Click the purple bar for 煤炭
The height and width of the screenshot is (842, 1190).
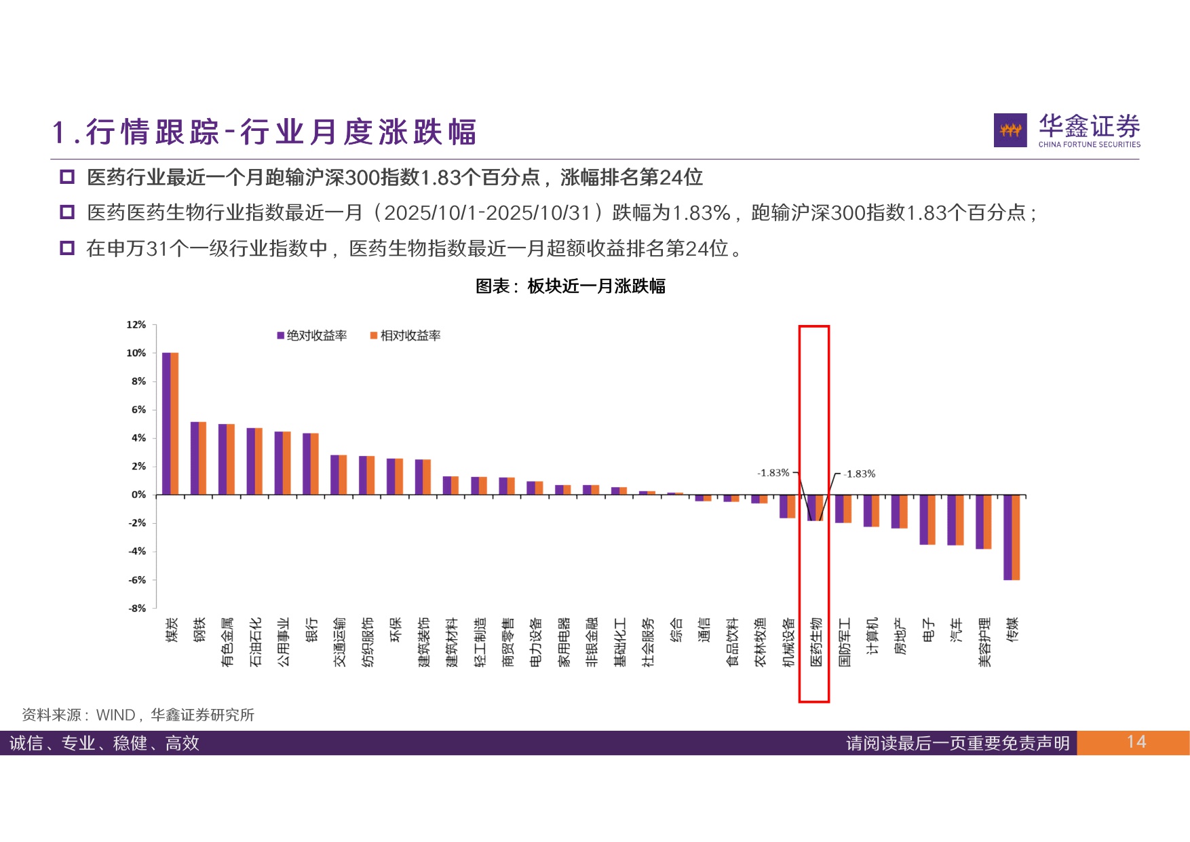166,423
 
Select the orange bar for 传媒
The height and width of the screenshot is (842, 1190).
1016,537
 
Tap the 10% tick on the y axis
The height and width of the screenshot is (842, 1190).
136,353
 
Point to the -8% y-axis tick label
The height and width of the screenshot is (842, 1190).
136,608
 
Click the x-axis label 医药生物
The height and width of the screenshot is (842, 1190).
816,642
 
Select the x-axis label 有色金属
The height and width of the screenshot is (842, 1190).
227,642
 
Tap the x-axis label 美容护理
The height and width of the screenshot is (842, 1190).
984,642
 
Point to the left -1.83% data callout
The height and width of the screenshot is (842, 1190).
773,473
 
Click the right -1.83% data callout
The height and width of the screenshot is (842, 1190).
860,474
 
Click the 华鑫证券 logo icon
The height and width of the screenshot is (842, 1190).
1010,130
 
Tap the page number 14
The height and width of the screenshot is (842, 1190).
1136,742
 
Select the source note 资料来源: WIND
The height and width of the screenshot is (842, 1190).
138,714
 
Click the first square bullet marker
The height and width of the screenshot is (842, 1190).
67,178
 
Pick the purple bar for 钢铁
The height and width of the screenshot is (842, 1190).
194,458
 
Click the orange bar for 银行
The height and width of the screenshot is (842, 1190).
314,463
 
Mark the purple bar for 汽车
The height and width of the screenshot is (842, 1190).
952,520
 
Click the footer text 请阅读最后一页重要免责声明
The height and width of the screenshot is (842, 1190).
957,743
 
